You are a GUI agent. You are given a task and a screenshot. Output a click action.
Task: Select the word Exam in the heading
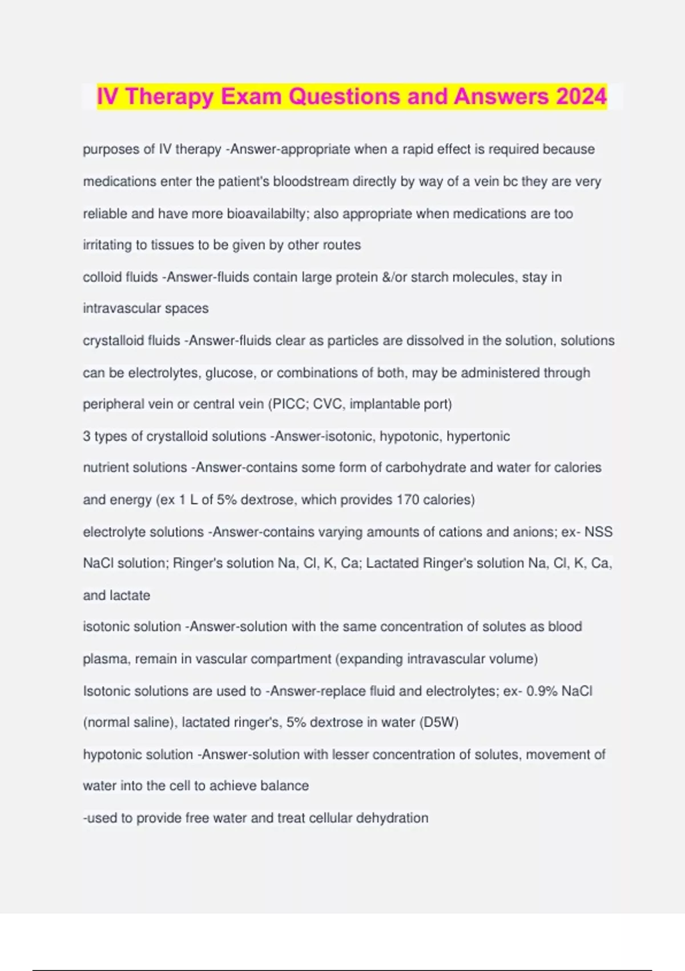point(252,97)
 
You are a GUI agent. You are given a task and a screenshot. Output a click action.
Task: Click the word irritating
point(107,245)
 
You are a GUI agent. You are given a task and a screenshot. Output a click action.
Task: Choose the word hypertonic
point(478,436)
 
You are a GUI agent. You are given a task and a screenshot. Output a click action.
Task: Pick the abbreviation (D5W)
point(439,723)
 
